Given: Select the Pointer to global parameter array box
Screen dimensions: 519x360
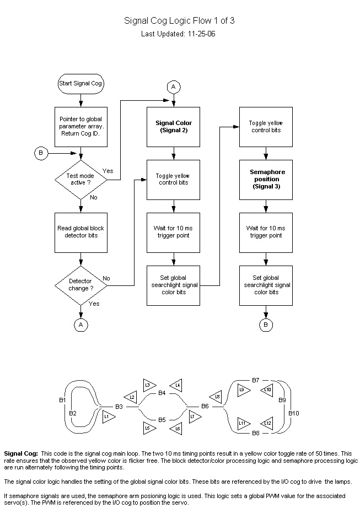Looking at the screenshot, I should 81,126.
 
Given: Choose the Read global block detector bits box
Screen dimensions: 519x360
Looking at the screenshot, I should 81,232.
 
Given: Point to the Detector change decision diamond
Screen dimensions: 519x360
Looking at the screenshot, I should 81,284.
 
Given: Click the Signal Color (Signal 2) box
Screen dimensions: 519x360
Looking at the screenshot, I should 174,126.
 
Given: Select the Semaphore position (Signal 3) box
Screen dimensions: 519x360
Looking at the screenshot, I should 266,180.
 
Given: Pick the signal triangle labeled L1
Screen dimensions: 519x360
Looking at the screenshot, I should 108,417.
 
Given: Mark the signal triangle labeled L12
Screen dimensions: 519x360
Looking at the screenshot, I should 266,423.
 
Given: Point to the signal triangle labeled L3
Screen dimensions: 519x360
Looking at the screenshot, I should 148,385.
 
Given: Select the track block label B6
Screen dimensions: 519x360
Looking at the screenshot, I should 204,406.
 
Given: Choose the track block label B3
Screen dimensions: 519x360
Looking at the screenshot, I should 119,406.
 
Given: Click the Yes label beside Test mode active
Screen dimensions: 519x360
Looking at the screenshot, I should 108,171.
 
